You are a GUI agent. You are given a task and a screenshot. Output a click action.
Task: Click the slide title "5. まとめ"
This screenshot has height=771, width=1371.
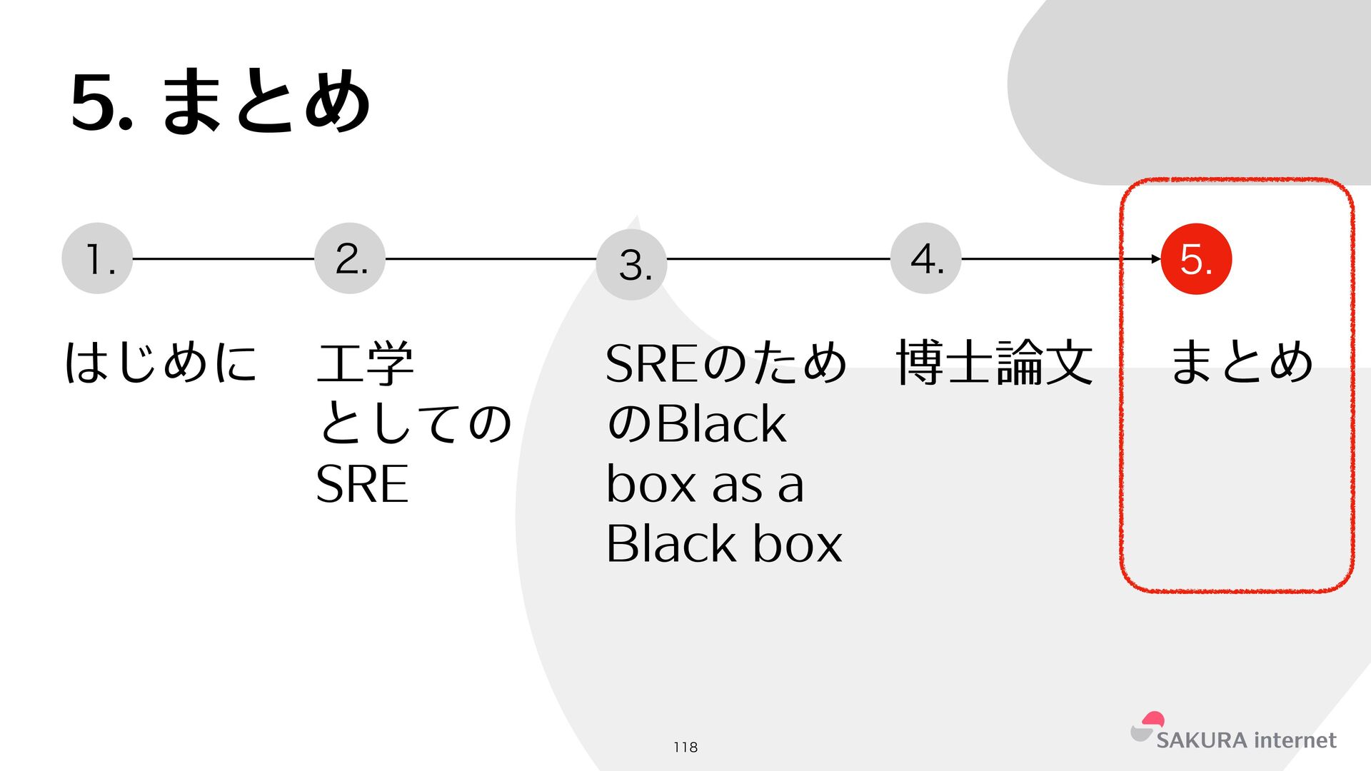(x=221, y=101)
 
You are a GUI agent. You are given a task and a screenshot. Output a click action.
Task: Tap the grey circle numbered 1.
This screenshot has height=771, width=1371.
(x=97, y=258)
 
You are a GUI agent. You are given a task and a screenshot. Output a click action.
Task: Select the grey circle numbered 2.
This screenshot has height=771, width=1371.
(x=350, y=258)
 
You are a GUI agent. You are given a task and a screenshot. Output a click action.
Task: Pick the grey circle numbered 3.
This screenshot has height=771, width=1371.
(x=632, y=265)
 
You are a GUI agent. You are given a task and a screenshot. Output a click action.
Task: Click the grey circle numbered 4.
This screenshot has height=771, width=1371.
(x=926, y=258)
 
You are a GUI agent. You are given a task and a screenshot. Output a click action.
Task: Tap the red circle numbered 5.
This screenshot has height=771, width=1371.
(x=1197, y=259)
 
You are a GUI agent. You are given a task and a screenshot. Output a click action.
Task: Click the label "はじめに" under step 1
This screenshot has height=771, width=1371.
(x=161, y=362)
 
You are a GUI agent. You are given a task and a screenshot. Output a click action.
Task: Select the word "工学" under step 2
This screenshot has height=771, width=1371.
(x=365, y=363)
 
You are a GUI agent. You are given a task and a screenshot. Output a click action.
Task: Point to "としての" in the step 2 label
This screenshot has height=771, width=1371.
(x=414, y=423)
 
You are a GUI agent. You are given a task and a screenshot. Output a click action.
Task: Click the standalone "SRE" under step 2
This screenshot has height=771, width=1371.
(x=362, y=484)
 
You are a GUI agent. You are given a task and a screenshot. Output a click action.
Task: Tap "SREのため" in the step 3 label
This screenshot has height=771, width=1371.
(x=725, y=363)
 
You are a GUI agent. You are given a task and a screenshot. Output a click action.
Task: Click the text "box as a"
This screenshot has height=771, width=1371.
(x=705, y=484)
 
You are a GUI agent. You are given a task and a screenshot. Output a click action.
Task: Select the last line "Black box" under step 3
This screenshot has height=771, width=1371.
(x=724, y=544)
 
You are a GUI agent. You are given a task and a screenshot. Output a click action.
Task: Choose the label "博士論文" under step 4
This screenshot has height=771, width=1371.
(x=995, y=363)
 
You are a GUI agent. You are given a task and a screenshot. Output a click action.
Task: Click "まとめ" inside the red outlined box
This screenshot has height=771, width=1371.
(x=1242, y=362)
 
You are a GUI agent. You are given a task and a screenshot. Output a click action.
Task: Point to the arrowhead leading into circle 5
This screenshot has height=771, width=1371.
(x=1156, y=258)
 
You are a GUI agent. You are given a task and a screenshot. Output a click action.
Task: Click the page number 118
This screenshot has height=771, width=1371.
(x=685, y=747)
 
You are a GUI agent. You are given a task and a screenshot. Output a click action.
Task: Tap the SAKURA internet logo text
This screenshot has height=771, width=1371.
(x=1246, y=740)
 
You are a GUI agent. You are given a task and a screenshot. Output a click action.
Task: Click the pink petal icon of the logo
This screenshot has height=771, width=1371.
(x=1152, y=720)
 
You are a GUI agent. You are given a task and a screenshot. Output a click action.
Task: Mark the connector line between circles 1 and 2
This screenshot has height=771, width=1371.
(x=224, y=258)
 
